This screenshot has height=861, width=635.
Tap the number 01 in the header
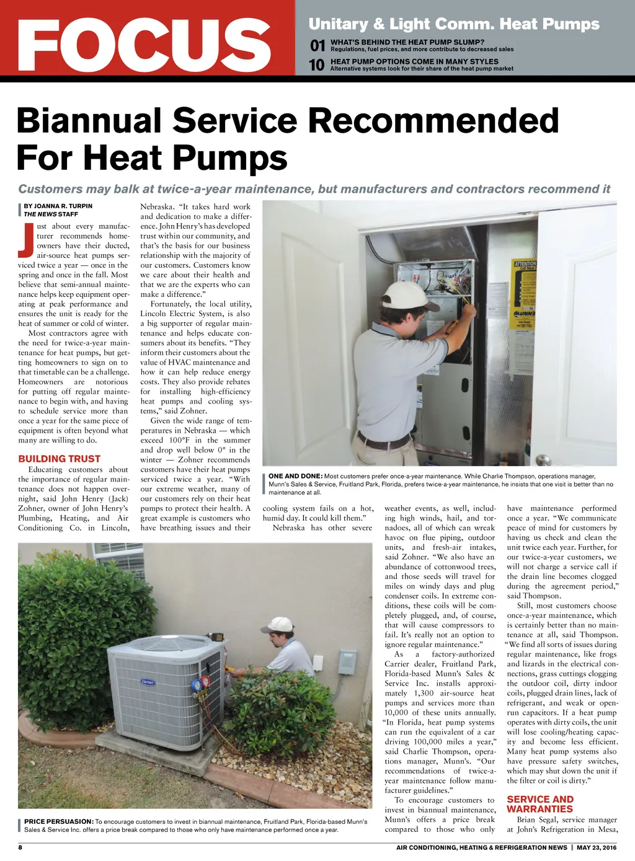317,45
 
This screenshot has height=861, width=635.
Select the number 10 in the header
316,64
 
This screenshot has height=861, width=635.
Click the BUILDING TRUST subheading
59,459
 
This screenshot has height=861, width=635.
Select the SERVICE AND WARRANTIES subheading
540,804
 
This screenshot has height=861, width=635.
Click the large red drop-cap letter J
25,239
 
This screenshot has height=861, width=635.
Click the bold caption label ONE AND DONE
295,476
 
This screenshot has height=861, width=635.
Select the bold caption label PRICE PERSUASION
59,821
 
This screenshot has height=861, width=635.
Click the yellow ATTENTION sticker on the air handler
525,263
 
